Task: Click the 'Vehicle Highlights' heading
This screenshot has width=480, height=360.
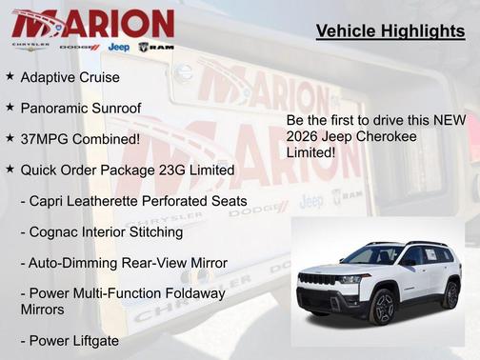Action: (390, 32)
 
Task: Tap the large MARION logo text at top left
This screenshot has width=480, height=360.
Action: (92, 23)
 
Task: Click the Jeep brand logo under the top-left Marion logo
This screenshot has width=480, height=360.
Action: (119, 46)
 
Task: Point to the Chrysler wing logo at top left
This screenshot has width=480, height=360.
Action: (30, 46)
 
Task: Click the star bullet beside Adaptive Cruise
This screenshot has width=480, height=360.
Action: (10, 75)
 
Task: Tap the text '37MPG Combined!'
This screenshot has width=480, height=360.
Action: (80, 138)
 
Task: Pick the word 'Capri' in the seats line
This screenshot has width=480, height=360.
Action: (55, 201)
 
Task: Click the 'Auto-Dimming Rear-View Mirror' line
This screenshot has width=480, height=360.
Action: (124, 262)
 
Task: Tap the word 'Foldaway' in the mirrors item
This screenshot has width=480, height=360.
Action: (194, 293)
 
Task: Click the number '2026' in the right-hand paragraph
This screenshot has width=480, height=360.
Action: (306, 135)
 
